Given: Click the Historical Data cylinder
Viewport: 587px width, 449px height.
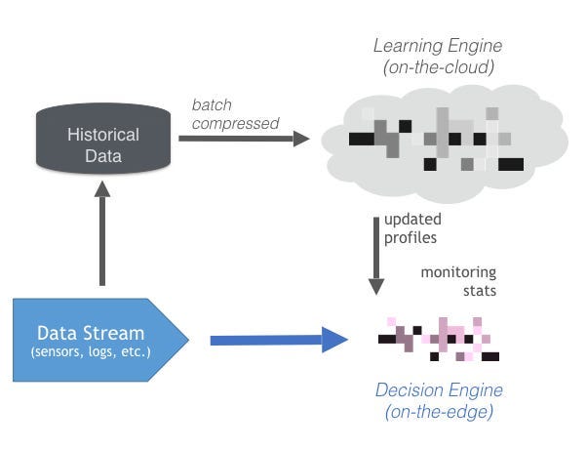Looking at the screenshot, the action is click(x=103, y=139).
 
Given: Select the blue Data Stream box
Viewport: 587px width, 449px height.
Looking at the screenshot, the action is click(x=100, y=340).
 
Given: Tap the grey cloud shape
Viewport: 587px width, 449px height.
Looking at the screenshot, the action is click(x=445, y=144).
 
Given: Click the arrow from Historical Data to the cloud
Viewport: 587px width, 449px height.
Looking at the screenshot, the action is click(x=244, y=139).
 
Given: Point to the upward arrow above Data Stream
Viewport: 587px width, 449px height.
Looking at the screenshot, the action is click(x=102, y=233).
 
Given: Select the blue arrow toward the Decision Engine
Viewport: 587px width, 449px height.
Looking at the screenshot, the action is click(x=279, y=340).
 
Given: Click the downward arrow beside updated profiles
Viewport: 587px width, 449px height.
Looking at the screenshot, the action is click(x=376, y=256).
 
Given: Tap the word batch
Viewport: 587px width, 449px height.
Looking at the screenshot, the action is click(x=212, y=105).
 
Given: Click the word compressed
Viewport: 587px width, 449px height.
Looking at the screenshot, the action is click(x=235, y=124).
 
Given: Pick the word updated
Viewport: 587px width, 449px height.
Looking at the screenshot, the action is click(x=412, y=220).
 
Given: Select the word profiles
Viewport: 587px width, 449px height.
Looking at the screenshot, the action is click(x=411, y=238).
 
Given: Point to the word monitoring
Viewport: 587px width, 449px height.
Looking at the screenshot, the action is click(x=458, y=272).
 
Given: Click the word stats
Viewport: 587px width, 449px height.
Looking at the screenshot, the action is click(x=480, y=291).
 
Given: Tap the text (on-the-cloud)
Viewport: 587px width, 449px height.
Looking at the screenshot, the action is click(x=439, y=67).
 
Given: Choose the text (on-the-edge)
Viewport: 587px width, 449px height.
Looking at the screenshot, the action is click(x=439, y=412).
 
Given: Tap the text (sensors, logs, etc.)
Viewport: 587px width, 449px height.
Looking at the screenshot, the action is click(x=91, y=352).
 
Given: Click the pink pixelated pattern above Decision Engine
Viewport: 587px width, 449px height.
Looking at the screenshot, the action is click(x=439, y=339).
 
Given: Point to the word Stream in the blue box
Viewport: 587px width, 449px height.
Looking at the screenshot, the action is click(x=114, y=333).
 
